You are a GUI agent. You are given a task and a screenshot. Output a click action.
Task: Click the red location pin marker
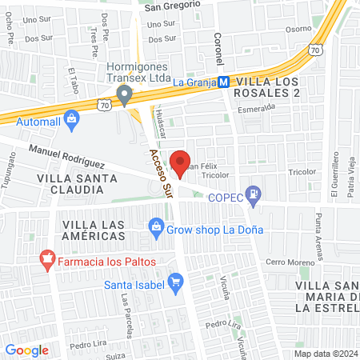(181, 162)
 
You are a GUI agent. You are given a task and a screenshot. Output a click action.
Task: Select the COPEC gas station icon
(254, 193)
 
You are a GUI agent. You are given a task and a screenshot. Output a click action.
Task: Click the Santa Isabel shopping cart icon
(176, 281)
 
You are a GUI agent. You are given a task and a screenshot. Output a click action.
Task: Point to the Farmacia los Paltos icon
(47, 260)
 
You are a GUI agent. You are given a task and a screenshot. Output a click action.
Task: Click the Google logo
(27, 350)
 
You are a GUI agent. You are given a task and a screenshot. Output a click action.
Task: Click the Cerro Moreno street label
(286, 263)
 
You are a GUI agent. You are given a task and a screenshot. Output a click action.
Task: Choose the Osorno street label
(298, 29)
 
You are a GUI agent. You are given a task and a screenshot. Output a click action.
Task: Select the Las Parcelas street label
(126, 314)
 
